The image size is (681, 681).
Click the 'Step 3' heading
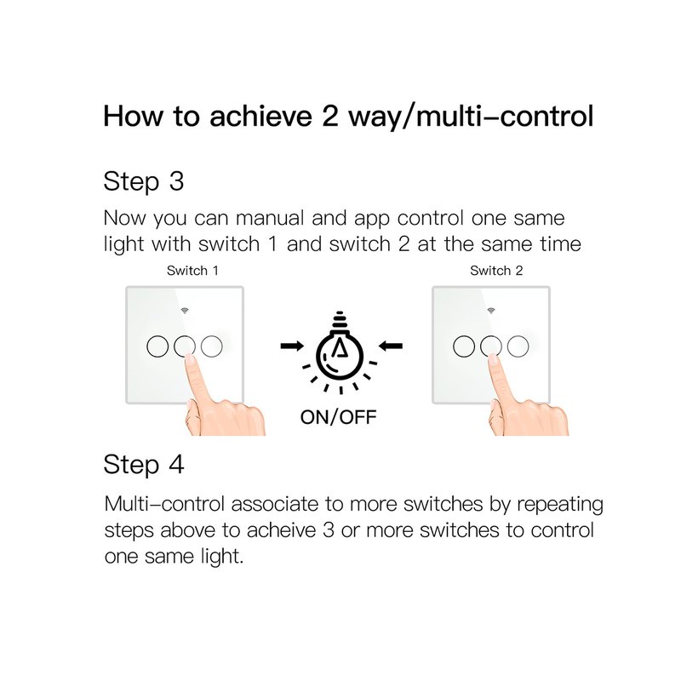144,181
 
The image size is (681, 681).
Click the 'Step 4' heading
144,465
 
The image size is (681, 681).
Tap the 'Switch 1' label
192,271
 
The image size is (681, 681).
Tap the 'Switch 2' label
496,271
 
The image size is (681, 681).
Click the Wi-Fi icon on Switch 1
185,311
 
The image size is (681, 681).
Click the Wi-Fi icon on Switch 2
491,311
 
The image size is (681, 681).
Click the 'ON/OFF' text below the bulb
338,417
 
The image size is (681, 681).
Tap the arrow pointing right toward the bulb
292,346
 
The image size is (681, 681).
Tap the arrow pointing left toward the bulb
391,346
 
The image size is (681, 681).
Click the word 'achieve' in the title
261,117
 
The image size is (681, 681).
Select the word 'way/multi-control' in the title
471,117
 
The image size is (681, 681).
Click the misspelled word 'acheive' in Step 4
282,530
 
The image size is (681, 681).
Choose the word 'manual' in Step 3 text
270,218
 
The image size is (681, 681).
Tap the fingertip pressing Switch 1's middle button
189,358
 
